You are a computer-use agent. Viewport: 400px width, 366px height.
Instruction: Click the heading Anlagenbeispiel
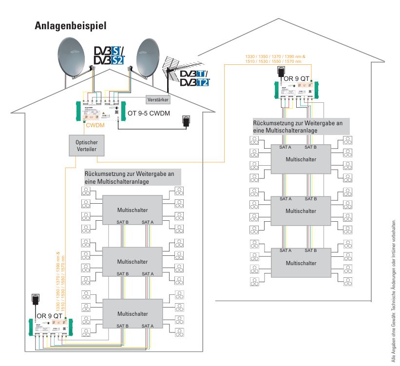pos(70,25)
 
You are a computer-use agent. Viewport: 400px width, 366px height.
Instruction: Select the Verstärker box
pos(158,99)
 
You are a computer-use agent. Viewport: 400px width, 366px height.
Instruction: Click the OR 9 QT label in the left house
pos(50,316)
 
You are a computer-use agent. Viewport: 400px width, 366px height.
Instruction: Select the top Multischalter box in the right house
pos(301,159)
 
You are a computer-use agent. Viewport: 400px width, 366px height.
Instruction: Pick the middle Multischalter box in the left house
pos(132,261)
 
